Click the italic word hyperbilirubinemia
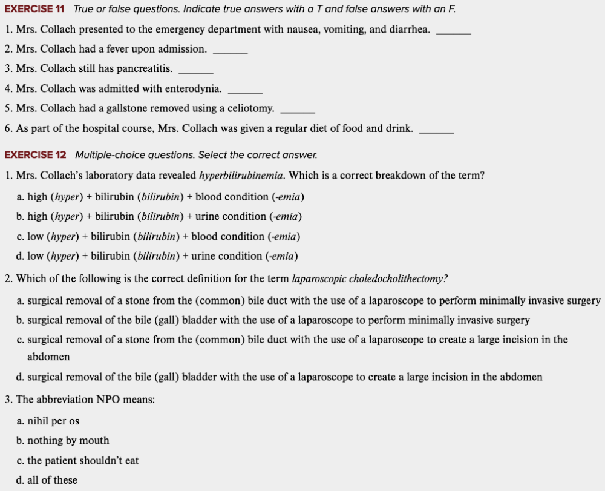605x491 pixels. tap(242, 176)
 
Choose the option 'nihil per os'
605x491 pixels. tap(53, 421)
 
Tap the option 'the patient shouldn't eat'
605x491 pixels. tap(83, 460)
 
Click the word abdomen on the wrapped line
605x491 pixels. tap(48, 357)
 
